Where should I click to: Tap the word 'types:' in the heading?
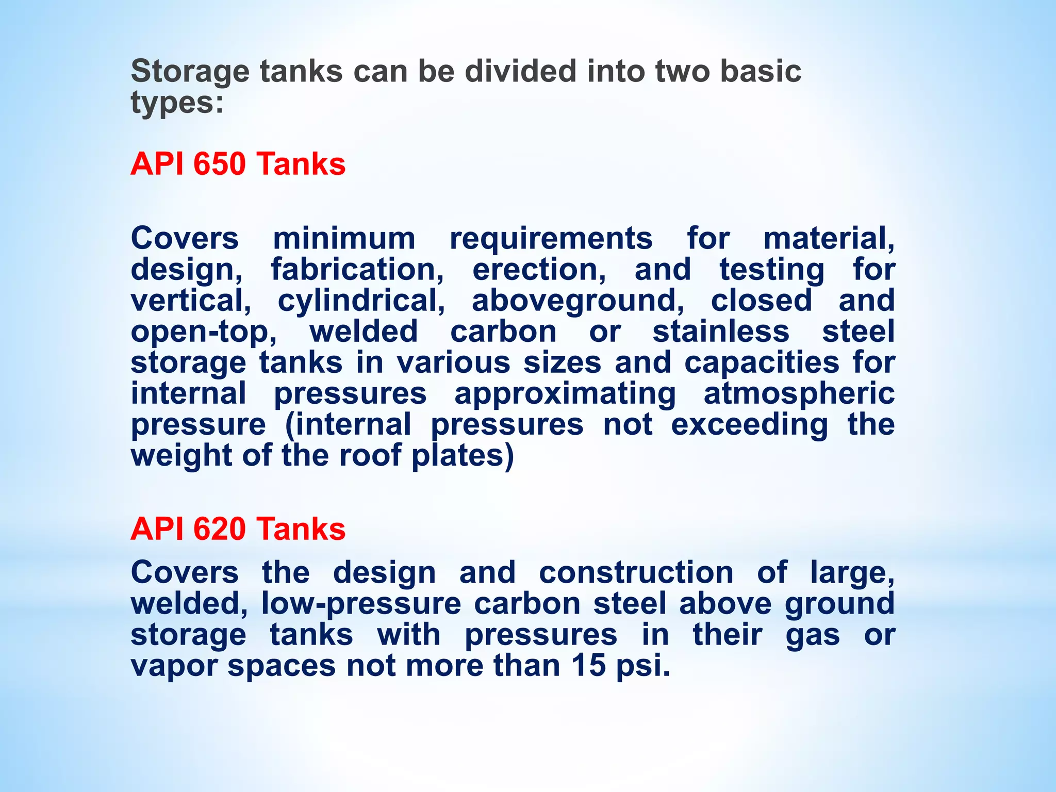coord(177,103)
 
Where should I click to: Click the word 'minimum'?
coord(344,239)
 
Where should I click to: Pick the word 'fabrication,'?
coord(357,270)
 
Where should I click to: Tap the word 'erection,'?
coord(539,270)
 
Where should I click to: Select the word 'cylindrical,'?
coord(361,301)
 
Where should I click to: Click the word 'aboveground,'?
coord(578,301)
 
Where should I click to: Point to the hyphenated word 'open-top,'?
coord(204,332)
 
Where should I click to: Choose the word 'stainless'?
coord(721,332)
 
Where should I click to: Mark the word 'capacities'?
coord(762,362)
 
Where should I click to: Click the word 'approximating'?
coord(565,394)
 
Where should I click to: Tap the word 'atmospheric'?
coord(799,394)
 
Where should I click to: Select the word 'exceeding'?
coord(750,425)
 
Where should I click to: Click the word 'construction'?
coord(636,573)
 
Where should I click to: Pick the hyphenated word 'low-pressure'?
coord(361,604)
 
